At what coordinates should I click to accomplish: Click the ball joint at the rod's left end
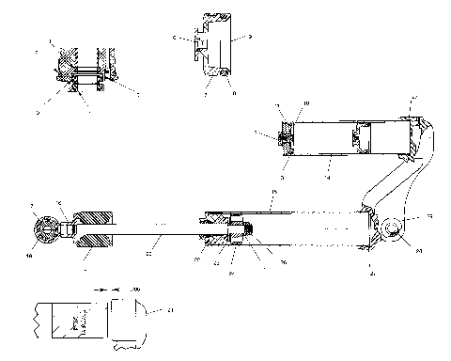click(48, 228)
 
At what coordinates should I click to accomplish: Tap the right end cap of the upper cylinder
click(410, 138)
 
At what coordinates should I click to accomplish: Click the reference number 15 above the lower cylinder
click(272, 193)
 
